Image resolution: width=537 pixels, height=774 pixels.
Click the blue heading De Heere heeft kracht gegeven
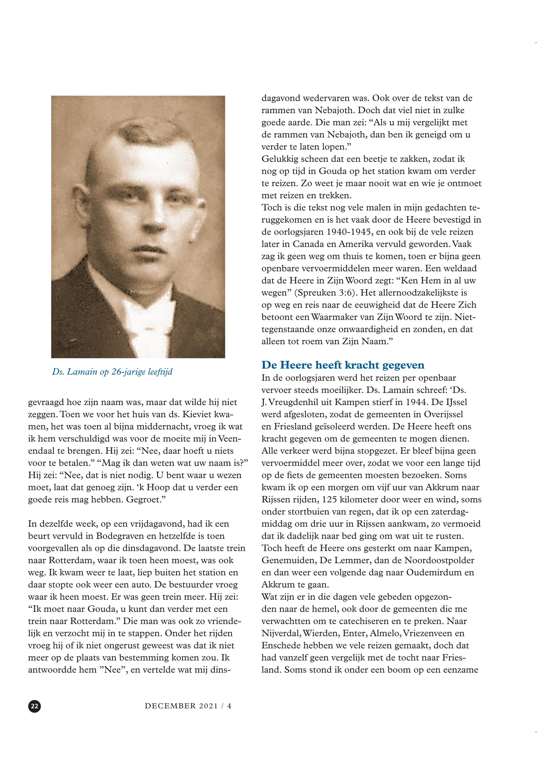[x=343, y=365]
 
